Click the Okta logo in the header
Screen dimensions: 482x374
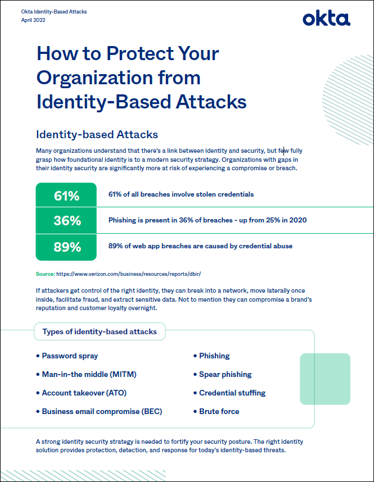(x=326, y=19)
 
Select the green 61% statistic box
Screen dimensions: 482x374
(x=66, y=196)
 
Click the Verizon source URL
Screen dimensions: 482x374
(x=129, y=274)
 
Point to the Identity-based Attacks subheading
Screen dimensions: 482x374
(x=97, y=135)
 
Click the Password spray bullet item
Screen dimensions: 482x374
(x=69, y=356)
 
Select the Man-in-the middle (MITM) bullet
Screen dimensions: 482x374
(x=89, y=374)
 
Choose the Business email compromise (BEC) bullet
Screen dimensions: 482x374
(x=101, y=411)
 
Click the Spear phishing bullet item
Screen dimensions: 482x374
(x=225, y=374)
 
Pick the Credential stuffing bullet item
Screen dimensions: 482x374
(x=232, y=393)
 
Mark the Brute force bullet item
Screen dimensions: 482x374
(x=219, y=411)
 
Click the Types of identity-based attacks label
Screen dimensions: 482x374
(x=100, y=332)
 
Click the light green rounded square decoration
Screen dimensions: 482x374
(x=325, y=379)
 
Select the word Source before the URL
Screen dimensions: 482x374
(x=44, y=274)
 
